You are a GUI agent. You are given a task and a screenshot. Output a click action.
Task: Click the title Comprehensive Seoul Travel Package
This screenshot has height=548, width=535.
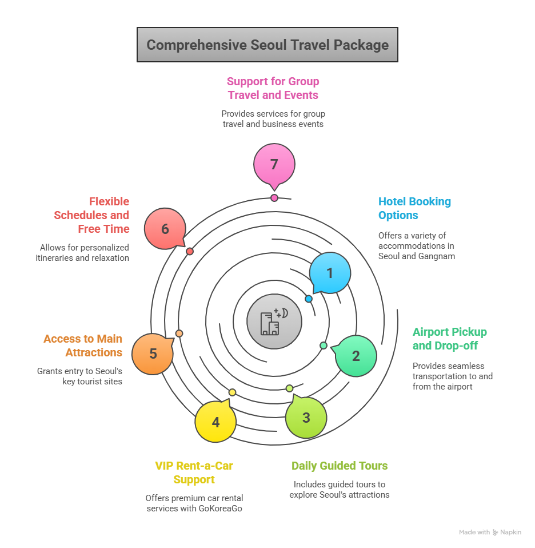tap(267, 45)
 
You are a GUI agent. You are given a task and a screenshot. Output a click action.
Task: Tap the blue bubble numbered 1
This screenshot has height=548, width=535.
tap(330, 273)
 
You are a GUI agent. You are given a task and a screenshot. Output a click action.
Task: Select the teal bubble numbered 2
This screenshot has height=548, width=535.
tap(356, 356)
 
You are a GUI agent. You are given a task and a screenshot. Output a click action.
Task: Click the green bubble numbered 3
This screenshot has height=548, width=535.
tap(306, 418)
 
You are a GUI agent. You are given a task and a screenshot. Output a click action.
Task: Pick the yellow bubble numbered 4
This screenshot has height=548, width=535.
tap(215, 423)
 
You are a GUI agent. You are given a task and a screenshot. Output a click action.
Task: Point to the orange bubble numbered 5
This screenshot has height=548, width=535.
tap(153, 354)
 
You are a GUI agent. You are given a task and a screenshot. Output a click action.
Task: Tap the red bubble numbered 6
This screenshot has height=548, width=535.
tap(165, 229)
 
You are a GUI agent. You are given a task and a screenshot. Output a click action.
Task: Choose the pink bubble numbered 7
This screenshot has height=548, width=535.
tap(274, 164)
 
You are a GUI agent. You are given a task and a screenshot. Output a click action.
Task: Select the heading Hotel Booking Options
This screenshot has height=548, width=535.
tap(414, 208)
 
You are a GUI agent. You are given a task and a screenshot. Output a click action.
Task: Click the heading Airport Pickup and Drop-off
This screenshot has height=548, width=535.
tap(449, 339)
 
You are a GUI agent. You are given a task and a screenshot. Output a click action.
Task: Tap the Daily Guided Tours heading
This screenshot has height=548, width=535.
tap(340, 466)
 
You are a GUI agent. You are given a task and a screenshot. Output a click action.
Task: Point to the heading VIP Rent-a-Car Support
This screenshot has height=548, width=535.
tap(194, 472)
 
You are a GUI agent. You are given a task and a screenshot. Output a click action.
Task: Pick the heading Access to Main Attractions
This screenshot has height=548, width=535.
tap(83, 346)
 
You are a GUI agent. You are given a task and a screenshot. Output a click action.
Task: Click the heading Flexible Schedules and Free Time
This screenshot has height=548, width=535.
tap(92, 215)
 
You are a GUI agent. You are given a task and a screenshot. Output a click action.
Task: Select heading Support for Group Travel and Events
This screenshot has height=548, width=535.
tap(273, 88)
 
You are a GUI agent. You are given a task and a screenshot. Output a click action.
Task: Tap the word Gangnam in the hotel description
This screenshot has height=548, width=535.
tap(436, 256)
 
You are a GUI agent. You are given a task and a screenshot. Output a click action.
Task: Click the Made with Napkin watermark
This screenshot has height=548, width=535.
tap(490, 532)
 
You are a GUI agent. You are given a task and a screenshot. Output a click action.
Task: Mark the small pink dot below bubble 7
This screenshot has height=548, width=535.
tap(274, 198)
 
